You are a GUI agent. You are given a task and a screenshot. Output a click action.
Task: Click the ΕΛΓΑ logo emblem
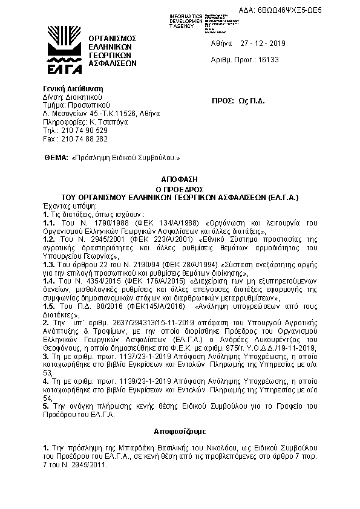63,48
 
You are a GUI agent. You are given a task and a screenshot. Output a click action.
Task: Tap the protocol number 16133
267,61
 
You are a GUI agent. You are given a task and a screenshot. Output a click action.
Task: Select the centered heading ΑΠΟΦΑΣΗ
180,180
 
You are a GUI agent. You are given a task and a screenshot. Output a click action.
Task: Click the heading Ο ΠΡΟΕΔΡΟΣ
180,189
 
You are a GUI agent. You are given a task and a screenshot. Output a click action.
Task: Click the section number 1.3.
49,264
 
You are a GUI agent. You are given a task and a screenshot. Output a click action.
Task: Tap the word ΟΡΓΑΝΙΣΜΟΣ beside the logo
113,38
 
